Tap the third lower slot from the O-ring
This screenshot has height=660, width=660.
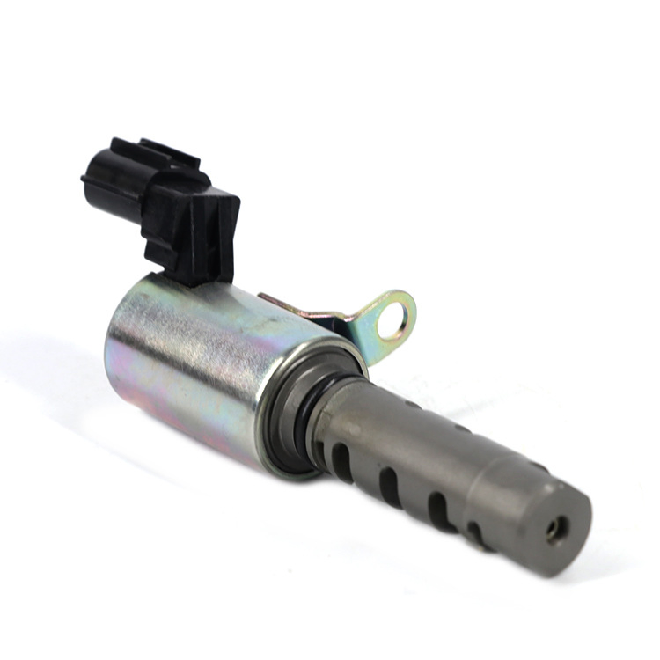pos(436,509)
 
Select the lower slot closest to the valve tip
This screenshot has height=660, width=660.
pos(476,533)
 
